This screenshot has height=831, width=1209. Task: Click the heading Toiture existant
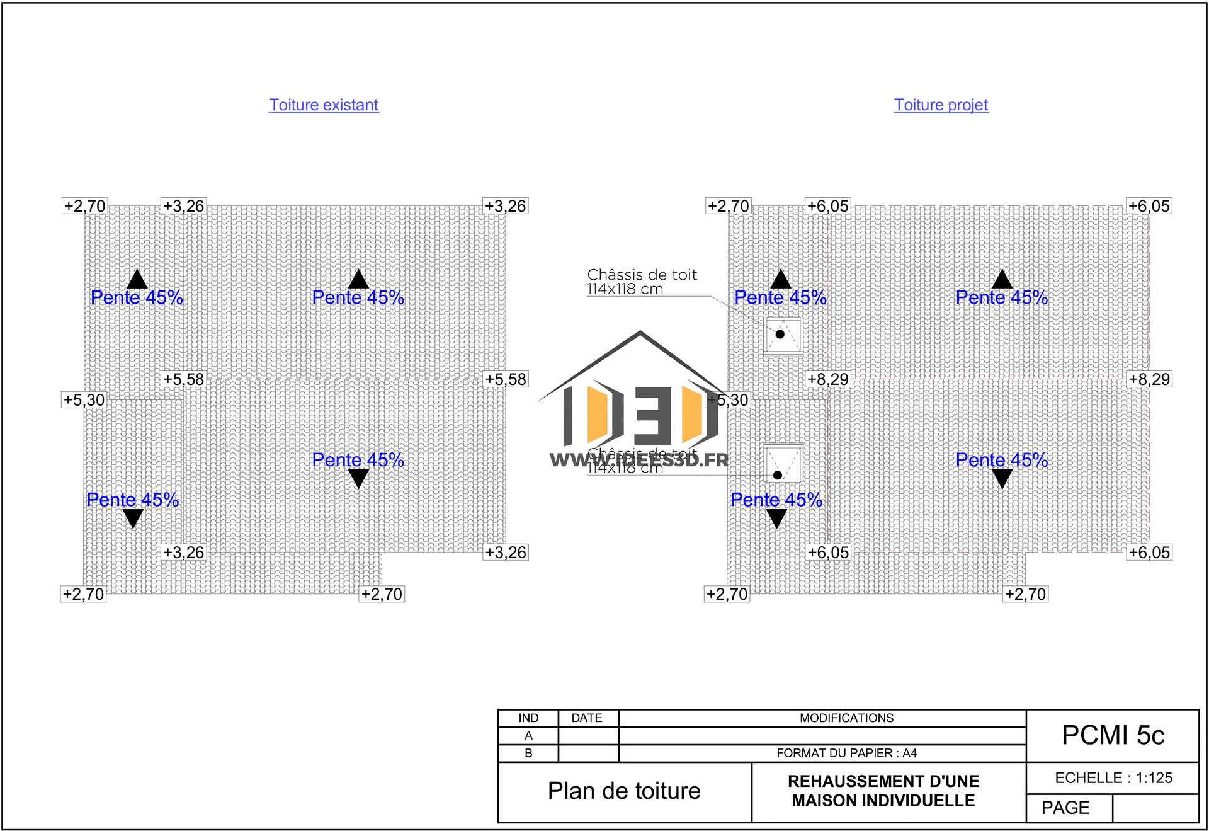pyautogui.click(x=324, y=105)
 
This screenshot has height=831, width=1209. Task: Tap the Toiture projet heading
pyautogui.click(x=941, y=105)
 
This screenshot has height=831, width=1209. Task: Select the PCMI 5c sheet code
pyautogui.click(x=1113, y=735)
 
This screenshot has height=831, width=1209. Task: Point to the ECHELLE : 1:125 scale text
pyautogui.click(x=1113, y=778)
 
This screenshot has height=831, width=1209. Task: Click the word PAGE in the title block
pyautogui.click(x=1065, y=808)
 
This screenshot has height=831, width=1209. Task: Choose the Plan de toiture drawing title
pyautogui.click(x=624, y=791)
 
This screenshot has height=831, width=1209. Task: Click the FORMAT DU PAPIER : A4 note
pyautogui.click(x=846, y=753)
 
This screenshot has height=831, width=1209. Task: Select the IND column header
pyautogui.click(x=528, y=718)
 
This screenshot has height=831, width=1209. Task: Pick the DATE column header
pyautogui.click(x=587, y=718)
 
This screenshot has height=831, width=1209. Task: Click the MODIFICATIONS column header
pyautogui.click(x=846, y=718)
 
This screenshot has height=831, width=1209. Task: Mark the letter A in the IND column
pyautogui.click(x=528, y=735)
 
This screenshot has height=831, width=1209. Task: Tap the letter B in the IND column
pyautogui.click(x=528, y=753)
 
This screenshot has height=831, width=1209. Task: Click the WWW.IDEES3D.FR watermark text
pyautogui.click(x=639, y=461)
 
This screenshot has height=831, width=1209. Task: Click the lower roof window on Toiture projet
pyautogui.click(x=783, y=464)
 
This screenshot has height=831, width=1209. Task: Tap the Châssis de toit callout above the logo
pyautogui.click(x=642, y=281)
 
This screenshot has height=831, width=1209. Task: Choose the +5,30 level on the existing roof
pyautogui.click(x=84, y=400)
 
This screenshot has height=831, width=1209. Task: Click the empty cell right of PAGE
pyautogui.click(x=1155, y=808)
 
